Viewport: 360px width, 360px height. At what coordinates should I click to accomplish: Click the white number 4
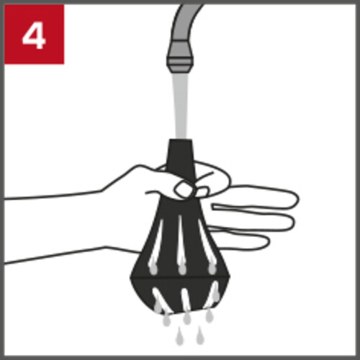coord(34,37)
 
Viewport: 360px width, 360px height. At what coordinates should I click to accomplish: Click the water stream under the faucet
coord(181,106)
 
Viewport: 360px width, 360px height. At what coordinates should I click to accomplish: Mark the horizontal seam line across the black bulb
coord(180,278)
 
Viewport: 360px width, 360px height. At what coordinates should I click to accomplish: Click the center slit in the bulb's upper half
coord(181,243)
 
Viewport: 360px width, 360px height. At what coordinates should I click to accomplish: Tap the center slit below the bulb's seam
coord(186,300)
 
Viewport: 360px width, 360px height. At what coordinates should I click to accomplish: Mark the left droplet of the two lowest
coord(179,336)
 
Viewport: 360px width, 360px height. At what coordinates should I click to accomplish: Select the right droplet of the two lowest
coord(199,336)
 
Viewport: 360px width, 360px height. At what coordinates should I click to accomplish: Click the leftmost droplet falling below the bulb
coord(166,320)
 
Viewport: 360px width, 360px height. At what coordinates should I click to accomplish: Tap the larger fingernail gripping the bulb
coord(184,189)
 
